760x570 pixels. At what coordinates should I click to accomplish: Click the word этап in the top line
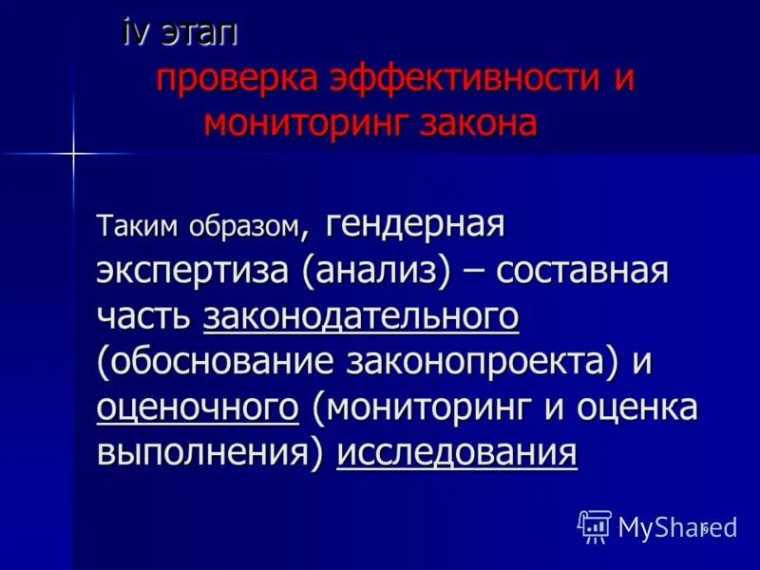pyautogui.click(x=201, y=33)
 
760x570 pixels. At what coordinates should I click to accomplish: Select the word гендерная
pyautogui.click(x=414, y=227)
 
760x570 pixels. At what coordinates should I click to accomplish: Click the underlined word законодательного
pyautogui.click(x=361, y=317)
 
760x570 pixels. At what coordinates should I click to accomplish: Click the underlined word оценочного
pyautogui.click(x=198, y=408)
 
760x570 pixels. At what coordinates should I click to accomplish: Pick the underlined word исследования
pyautogui.click(x=457, y=453)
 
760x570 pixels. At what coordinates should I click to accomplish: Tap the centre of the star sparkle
pyautogui.click(x=72, y=152)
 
